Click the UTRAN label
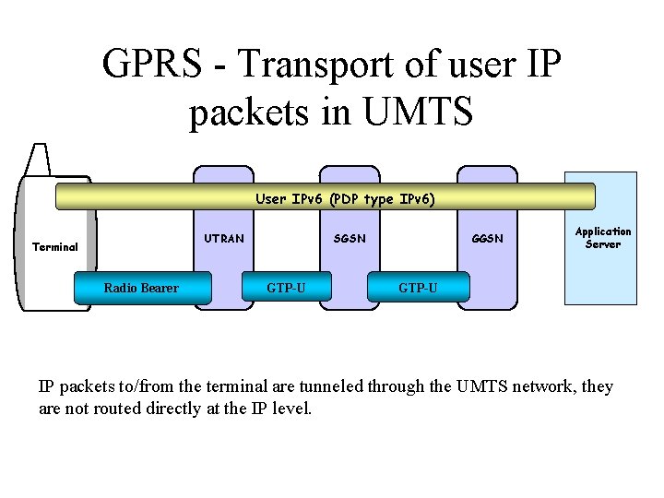pos(224,239)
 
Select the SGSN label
pos(350,239)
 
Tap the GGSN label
pos(487,239)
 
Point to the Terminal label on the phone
pos(55,247)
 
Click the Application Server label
pos(603,238)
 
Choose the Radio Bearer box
pos(141,288)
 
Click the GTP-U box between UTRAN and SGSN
pos(286,288)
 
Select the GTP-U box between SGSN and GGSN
pos(418,288)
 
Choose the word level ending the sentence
pos(291,408)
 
